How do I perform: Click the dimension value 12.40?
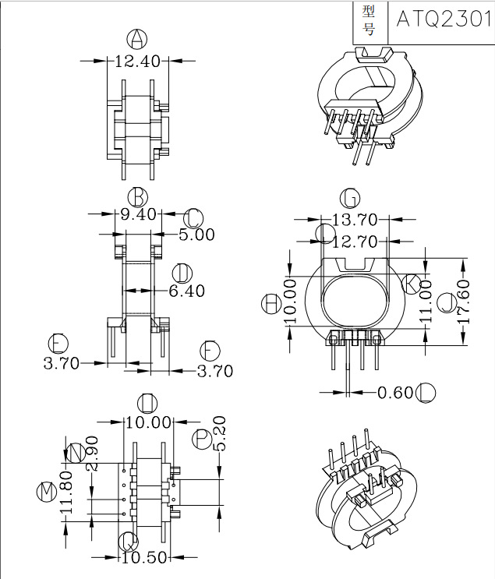(137, 61)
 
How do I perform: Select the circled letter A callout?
(136, 39)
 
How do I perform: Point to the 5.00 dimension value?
(196, 234)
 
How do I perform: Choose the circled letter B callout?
(138, 195)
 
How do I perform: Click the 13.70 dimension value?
(355, 220)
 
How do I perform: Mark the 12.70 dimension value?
(355, 242)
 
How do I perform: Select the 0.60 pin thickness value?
(395, 392)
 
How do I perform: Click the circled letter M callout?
(46, 492)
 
